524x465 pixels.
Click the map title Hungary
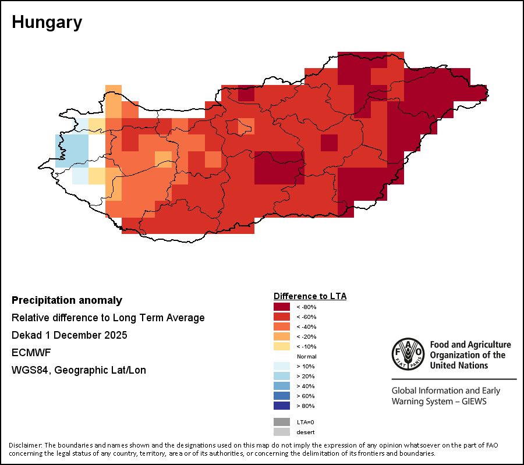point(47,23)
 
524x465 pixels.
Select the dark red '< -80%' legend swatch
point(282,307)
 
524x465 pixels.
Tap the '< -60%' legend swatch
point(282,317)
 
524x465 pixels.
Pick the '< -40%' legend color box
point(282,326)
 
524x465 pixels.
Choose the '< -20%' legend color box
point(282,336)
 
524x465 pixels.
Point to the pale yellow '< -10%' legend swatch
point(282,346)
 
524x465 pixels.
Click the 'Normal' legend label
point(306,356)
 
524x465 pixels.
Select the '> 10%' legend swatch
point(282,366)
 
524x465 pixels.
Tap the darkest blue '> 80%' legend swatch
point(282,406)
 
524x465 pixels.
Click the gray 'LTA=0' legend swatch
point(282,422)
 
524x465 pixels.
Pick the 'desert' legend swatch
point(282,432)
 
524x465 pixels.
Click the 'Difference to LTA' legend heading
point(310,296)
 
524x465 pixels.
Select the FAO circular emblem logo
point(408,354)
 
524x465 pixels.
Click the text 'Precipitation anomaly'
point(67,300)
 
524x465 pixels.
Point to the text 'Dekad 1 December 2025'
point(69,335)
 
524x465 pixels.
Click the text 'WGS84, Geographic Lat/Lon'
point(79,370)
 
